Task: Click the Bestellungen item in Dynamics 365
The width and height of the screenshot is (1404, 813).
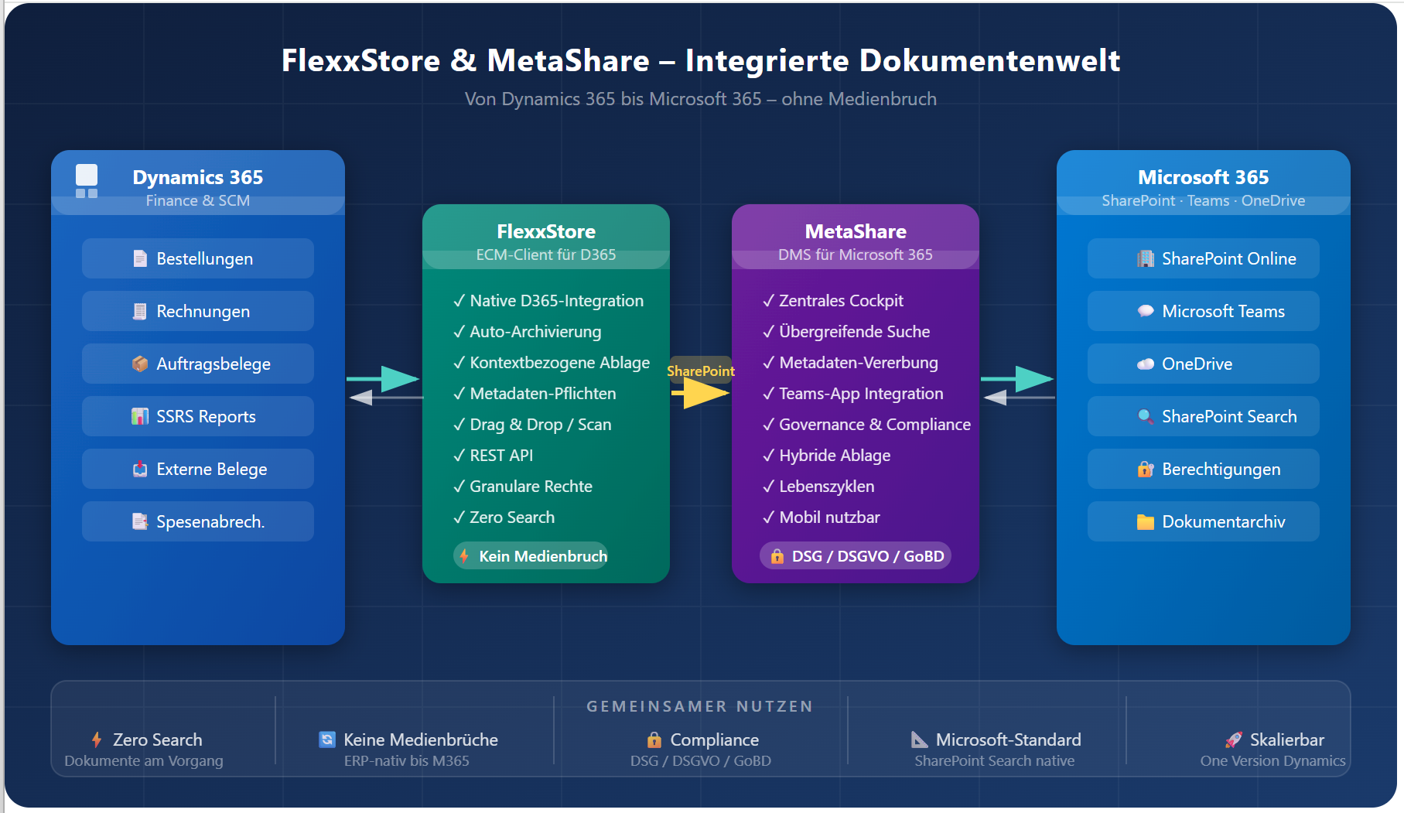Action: click(x=198, y=258)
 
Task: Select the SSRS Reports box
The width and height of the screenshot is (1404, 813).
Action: click(x=198, y=416)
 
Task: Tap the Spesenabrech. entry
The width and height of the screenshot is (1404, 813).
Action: click(x=198, y=521)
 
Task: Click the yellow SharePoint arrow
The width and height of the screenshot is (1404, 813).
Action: click(x=700, y=393)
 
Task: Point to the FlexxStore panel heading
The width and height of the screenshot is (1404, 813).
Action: click(x=546, y=231)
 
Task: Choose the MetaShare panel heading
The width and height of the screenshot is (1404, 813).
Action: click(x=856, y=231)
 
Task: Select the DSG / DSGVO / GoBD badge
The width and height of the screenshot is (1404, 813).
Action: click(x=856, y=556)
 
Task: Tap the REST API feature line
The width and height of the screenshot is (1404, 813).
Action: click(x=500, y=456)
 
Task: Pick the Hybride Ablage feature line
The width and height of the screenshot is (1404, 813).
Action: click(x=834, y=456)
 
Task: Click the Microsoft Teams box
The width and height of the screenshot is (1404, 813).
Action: click(x=1204, y=311)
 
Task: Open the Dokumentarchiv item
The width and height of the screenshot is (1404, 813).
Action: click(x=1204, y=521)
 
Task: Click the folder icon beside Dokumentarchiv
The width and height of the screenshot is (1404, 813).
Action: click(x=1145, y=522)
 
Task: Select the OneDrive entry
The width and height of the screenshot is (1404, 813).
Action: click(x=1204, y=364)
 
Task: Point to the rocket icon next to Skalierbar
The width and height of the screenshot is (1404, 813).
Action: click(x=1233, y=740)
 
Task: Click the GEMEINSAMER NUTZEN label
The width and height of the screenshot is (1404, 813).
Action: click(x=700, y=706)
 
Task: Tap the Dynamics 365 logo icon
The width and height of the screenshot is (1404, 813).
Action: click(x=87, y=181)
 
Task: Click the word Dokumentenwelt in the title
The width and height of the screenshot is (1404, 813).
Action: click(x=989, y=60)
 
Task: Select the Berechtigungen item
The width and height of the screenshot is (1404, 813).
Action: click(x=1204, y=469)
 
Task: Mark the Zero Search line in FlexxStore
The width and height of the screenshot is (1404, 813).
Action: click(x=511, y=518)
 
